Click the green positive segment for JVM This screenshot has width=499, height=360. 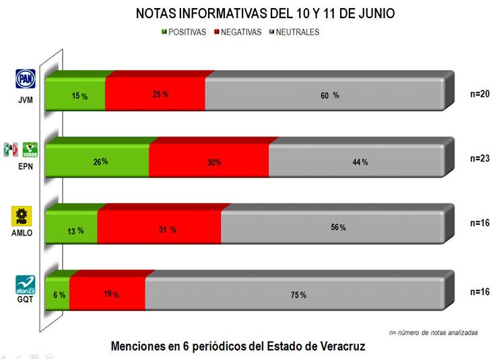(75, 96)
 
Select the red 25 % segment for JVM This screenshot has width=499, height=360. (155, 96)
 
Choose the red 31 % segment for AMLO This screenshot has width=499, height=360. (159, 229)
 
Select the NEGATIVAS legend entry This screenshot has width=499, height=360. (236, 32)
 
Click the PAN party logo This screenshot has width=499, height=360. (24, 79)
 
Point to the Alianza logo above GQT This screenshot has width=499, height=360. (24, 284)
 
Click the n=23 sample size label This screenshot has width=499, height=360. (479, 159)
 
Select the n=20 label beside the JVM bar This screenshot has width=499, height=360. (479, 94)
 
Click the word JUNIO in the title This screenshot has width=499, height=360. (376, 13)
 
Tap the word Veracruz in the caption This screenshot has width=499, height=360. (335, 346)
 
